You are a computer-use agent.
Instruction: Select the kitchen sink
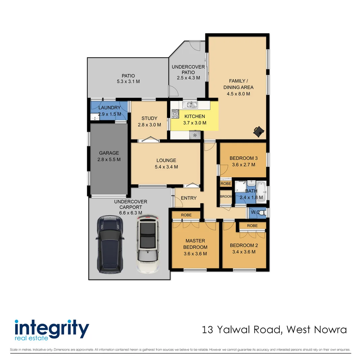[192, 105]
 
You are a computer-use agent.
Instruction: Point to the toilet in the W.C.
[262, 213]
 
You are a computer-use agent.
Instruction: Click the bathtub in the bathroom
[262, 192]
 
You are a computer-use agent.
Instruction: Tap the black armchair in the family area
[258, 131]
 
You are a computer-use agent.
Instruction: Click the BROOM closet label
[225, 196]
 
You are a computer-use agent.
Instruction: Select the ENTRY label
[189, 198]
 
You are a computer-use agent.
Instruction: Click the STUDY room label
[149, 118]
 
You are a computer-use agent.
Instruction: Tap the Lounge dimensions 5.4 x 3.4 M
[166, 166]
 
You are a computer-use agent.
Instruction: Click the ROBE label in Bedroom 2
[252, 225]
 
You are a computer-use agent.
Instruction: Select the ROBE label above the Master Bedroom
[186, 215]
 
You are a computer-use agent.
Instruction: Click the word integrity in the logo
[52, 327]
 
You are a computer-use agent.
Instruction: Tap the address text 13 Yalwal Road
[240, 329]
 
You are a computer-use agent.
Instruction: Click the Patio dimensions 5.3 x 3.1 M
[128, 82]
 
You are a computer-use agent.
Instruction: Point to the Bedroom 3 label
[243, 158]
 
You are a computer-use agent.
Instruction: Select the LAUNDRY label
[109, 108]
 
